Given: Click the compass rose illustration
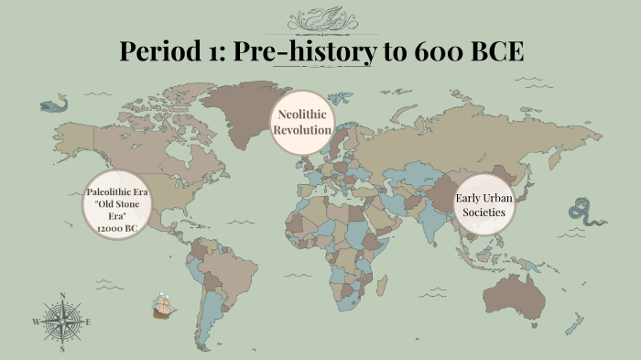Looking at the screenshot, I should pyautogui.click(x=62, y=322).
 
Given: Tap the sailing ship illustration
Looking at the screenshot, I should pyautogui.click(x=163, y=306).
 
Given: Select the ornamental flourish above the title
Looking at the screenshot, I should pyautogui.click(x=320, y=18).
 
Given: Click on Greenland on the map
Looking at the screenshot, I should pyautogui.click(x=240, y=101).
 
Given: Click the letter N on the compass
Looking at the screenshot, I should pyautogui.click(x=62, y=295).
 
